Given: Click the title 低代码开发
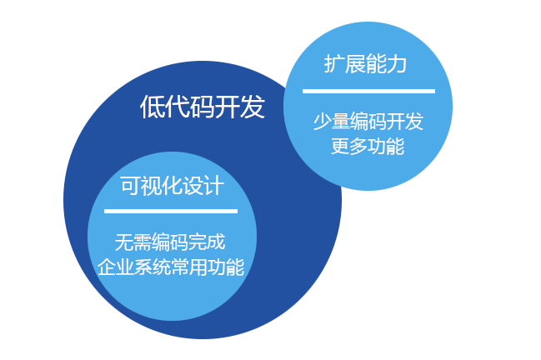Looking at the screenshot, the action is [203, 107].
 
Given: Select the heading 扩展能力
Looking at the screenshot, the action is [365, 63].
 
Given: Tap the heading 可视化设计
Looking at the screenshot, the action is [173, 186].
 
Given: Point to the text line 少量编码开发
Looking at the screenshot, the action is [368, 122].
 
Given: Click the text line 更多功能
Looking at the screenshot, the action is [368, 146].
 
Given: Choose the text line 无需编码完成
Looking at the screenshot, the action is [170, 242].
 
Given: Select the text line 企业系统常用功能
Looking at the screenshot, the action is [171, 267].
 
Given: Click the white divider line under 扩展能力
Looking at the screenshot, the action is [368, 91].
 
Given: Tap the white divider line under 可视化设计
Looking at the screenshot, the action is [171, 211].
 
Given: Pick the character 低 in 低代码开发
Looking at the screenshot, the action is [153, 107].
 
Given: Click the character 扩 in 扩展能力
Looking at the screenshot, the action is [334, 63].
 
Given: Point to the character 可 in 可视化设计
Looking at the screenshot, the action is [131, 186].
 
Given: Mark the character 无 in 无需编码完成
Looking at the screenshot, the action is [124, 242].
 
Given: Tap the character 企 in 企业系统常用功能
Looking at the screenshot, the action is [107, 267].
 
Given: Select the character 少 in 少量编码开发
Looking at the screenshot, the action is [323, 122].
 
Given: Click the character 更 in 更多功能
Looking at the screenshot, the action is [341, 146].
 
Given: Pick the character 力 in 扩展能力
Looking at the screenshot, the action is [397, 63].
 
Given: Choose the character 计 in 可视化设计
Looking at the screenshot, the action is [214, 186].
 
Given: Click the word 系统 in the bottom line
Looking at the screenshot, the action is [153, 267].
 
